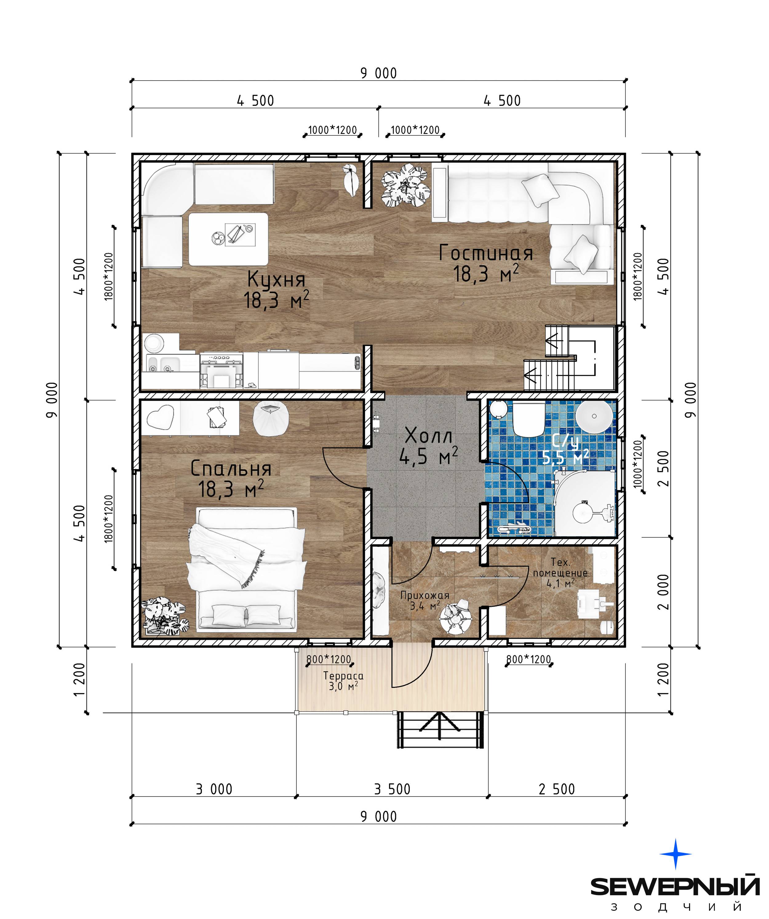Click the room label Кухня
tap(276, 279)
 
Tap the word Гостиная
tap(486, 253)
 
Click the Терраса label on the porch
tap(343, 676)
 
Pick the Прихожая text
tap(425, 595)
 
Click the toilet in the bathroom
tap(528, 419)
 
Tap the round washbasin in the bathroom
tap(594, 416)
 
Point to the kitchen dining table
tap(228, 239)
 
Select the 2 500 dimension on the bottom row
tap(556, 789)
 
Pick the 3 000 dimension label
tap(214, 789)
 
